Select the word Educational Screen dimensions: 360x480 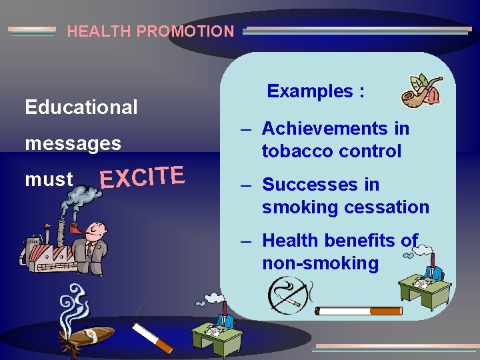(x=81, y=107)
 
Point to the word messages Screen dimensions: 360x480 (x=73, y=143)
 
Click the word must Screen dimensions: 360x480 (x=49, y=179)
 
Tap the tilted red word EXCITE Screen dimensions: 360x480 (x=141, y=177)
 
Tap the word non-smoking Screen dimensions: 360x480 (x=320, y=263)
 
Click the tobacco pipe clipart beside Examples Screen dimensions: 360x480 (x=421, y=91)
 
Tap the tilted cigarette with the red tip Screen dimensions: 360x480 (x=152, y=337)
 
